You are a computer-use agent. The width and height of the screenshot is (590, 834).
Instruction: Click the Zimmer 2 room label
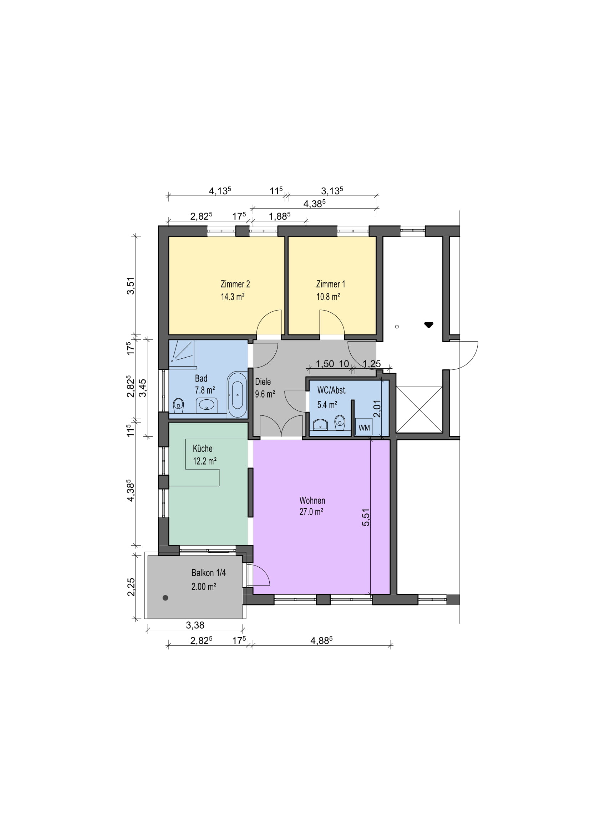click(x=235, y=284)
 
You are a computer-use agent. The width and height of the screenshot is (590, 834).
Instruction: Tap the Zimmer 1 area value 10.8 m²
click(x=328, y=297)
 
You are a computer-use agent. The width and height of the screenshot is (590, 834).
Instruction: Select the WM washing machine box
click(x=363, y=427)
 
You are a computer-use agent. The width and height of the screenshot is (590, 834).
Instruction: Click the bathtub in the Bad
click(x=237, y=394)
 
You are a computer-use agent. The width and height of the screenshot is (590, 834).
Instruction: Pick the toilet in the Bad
click(x=178, y=405)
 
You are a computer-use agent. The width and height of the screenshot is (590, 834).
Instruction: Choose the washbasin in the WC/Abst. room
click(x=320, y=424)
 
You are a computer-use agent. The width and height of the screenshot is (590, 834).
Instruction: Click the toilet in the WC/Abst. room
click(x=340, y=423)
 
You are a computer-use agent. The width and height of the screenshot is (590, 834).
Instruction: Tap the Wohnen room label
click(x=312, y=501)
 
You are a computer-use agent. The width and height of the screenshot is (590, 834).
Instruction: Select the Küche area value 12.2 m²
click(x=204, y=461)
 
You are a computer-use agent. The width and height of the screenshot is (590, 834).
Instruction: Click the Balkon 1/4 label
click(x=209, y=573)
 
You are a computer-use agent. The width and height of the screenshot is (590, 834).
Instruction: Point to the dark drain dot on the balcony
click(x=165, y=598)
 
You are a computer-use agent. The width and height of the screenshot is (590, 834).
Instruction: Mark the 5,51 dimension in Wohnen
click(x=366, y=517)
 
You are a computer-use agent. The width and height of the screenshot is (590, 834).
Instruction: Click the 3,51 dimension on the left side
click(x=131, y=286)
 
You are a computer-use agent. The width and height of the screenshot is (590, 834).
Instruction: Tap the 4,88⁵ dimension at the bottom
click(x=321, y=640)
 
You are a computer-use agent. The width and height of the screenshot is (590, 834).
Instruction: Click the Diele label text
click(x=263, y=382)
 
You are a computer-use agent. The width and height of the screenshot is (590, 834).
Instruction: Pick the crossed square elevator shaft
click(x=419, y=409)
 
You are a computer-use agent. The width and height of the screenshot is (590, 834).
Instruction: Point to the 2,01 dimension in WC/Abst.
click(x=377, y=409)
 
